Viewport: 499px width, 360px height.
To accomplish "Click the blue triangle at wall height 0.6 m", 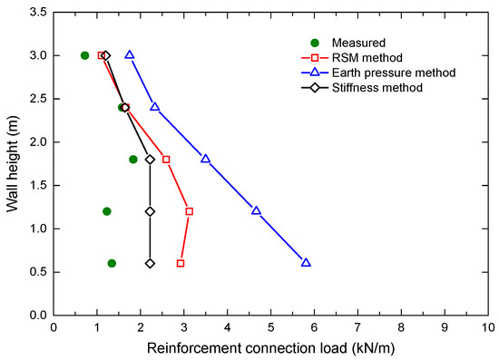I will coord(306,263).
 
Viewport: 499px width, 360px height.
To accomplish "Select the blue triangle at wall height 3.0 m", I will coord(130,55).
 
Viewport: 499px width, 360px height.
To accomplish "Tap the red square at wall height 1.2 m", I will coord(189,211).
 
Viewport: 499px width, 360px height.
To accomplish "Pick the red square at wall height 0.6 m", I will coord(181,263).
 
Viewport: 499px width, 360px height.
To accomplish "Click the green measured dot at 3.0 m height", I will coord(85,55).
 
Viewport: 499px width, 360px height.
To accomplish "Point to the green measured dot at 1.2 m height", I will coord(107,211).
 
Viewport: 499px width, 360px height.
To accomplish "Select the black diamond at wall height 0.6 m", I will coord(150,263).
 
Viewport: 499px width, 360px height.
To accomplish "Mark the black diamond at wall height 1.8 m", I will coord(150,160).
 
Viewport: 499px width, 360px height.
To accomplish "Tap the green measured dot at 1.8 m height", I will coord(133,160).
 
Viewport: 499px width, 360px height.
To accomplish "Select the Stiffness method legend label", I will coord(378,88).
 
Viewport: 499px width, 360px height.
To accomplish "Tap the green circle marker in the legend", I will coord(313,42).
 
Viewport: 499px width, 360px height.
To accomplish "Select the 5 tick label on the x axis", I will coord(270,327).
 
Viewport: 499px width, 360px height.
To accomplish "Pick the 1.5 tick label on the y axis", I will coord(34,185).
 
